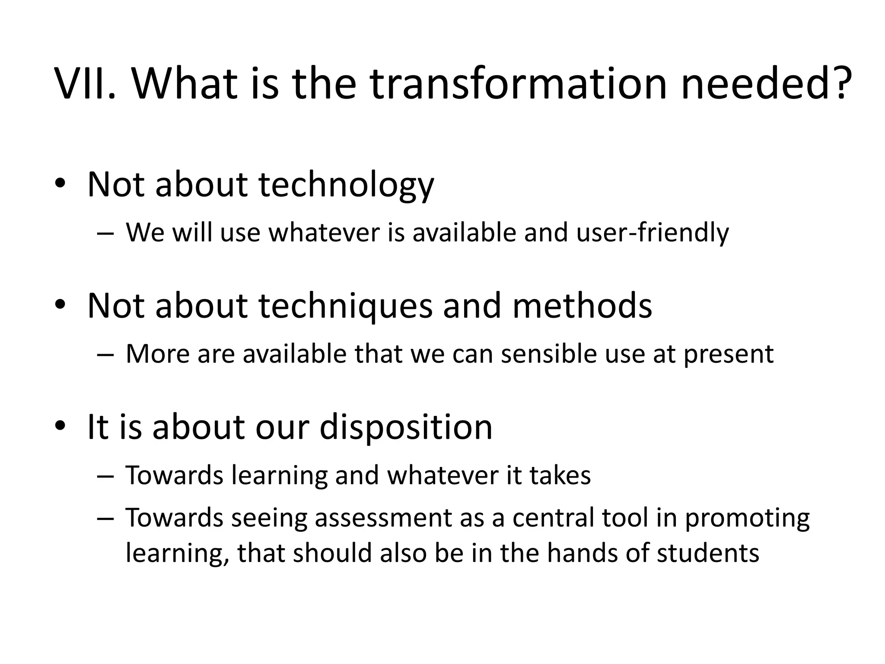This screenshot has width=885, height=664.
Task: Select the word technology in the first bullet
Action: (346, 185)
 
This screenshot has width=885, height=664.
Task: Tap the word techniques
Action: (345, 306)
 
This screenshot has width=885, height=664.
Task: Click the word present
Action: (729, 354)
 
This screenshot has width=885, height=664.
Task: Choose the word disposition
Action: (406, 427)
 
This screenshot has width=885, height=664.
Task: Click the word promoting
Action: (747, 519)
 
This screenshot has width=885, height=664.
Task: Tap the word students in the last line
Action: (708, 553)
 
